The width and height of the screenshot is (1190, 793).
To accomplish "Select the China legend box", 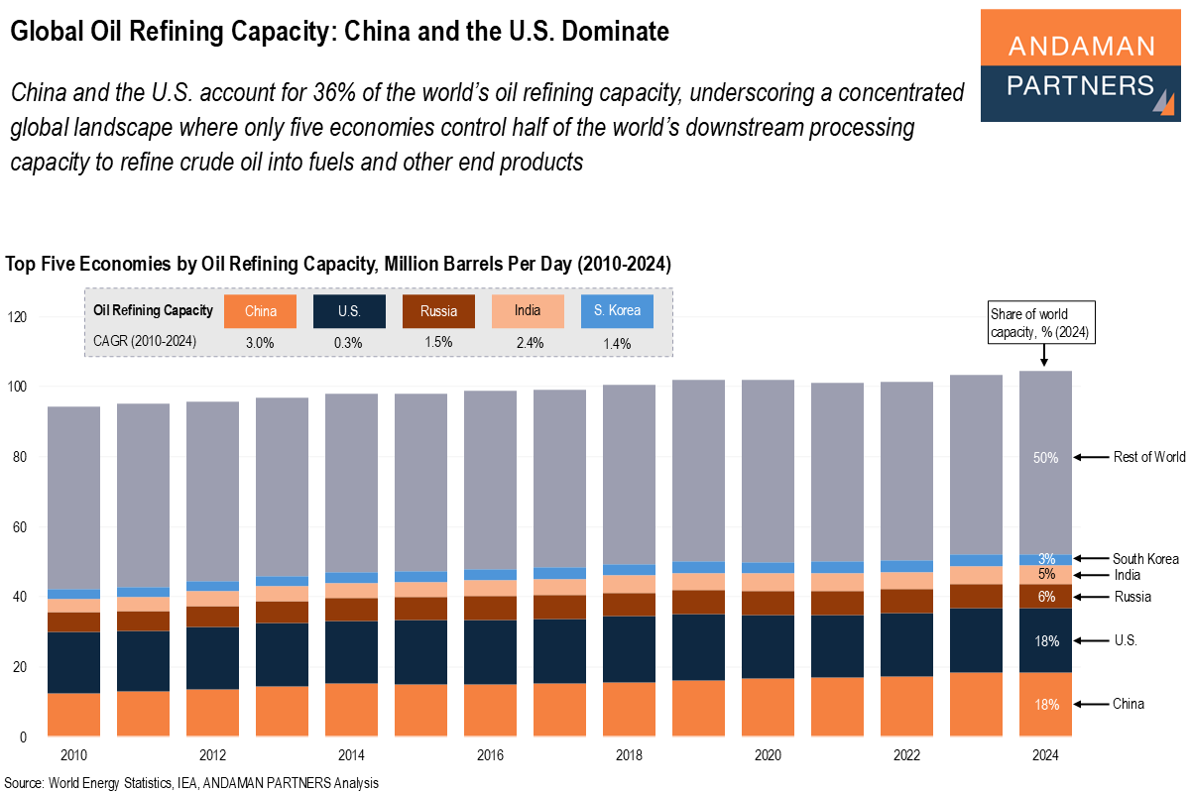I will [x=261, y=311].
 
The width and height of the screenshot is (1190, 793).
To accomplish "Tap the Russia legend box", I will [x=438, y=311].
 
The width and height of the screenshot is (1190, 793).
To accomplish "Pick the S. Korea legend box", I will [x=617, y=311].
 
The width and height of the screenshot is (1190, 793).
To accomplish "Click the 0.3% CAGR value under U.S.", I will [x=348, y=342].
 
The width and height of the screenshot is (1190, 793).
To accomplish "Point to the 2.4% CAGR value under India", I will [x=528, y=342].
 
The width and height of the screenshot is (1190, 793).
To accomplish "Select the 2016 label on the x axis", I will [x=490, y=755].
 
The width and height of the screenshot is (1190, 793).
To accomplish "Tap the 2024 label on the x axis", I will [x=1045, y=755].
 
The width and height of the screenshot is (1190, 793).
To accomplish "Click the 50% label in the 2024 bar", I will [x=1045, y=458].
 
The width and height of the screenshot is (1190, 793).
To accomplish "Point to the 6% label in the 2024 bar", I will [x=1045, y=596].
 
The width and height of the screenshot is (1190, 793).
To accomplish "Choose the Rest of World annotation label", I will [x=1148, y=457].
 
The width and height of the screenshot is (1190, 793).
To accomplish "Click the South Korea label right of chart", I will [x=1145, y=559].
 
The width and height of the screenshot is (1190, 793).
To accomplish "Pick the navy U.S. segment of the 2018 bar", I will [x=628, y=649].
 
